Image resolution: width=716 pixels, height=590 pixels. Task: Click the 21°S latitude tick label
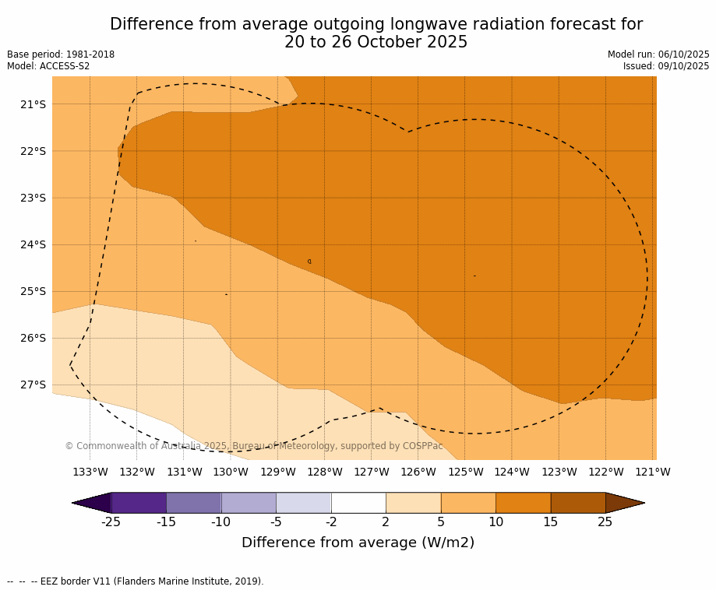[33, 104]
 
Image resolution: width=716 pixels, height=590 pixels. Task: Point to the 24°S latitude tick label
[33, 244]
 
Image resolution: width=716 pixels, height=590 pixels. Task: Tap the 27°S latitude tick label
[33, 385]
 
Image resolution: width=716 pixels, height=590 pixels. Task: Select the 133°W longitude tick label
[90, 472]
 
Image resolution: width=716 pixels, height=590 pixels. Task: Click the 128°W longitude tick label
[325, 472]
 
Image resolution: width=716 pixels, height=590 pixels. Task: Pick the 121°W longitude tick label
[652, 472]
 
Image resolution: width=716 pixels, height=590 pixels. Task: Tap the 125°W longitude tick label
[465, 472]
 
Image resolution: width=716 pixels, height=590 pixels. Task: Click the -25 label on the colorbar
[111, 522]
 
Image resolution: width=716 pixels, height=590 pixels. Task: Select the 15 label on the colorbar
[550, 522]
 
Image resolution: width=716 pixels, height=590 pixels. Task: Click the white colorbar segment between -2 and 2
[358, 503]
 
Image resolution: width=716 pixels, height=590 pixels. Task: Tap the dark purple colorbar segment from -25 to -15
[139, 503]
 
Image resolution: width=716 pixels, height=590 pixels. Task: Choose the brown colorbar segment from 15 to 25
[577, 503]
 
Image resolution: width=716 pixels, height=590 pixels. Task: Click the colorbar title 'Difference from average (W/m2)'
[358, 543]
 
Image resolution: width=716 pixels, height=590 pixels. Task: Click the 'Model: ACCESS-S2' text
[48, 66]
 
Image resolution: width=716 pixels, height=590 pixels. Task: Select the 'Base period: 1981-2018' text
[61, 54]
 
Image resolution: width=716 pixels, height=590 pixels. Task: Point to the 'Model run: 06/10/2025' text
[658, 54]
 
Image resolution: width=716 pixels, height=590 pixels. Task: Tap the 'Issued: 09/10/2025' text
[666, 66]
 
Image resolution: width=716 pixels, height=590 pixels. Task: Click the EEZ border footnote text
[136, 581]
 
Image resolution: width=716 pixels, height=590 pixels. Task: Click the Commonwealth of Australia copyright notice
[254, 446]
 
